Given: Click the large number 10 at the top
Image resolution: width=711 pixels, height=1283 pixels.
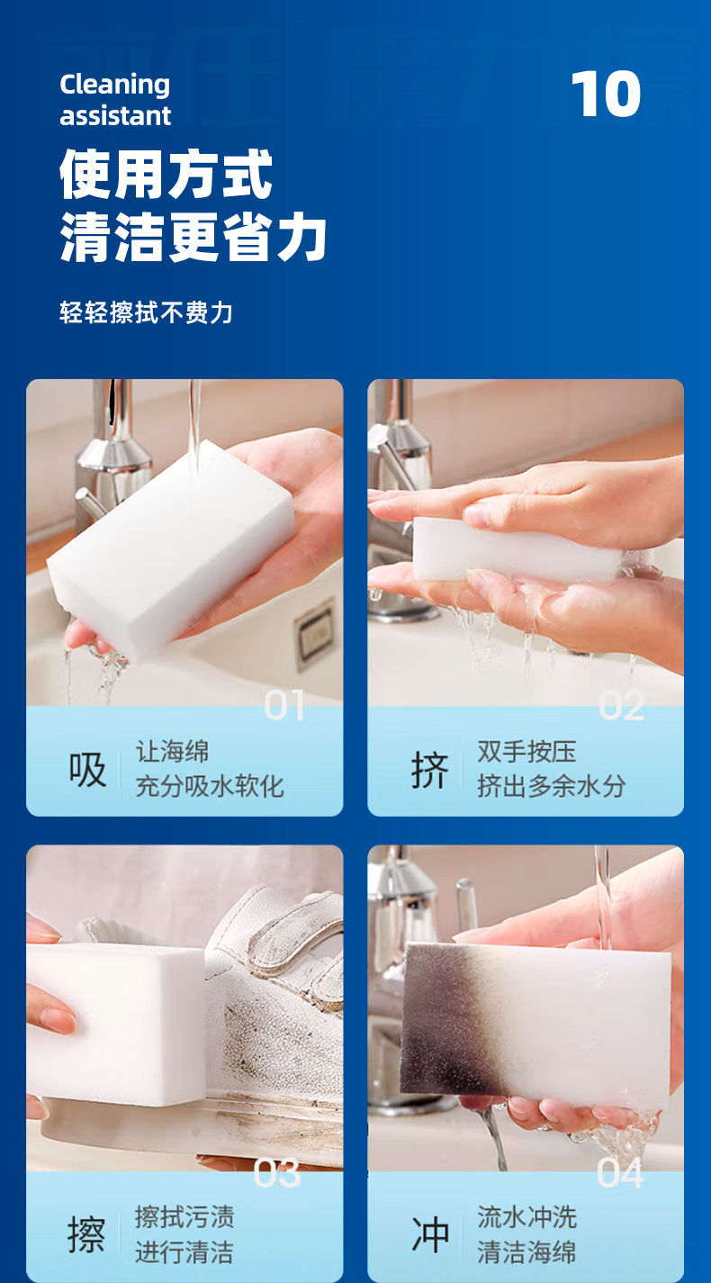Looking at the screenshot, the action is pyautogui.click(x=606, y=94).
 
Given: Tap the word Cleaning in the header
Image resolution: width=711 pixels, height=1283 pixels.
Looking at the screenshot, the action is pyautogui.click(x=114, y=86).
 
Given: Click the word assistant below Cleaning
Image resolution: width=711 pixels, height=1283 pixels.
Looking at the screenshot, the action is pyautogui.click(x=115, y=116).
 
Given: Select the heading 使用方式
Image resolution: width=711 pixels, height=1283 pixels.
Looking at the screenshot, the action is pyautogui.click(x=166, y=174).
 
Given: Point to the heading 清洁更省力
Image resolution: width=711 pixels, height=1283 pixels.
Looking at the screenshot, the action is pyautogui.click(x=193, y=237).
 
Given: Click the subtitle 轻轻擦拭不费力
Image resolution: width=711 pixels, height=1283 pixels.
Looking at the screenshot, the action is pyautogui.click(x=146, y=312).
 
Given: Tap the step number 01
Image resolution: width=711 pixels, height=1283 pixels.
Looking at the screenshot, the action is pyautogui.click(x=283, y=705).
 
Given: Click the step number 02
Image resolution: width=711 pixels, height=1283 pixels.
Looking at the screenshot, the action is pyautogui.click(x=622, y=705).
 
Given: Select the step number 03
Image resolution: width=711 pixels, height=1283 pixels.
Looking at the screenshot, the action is pyautogui.click(x=277, y=1173).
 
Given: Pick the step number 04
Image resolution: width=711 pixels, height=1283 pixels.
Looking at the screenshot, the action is pyautogui.click(x=621, y=1172).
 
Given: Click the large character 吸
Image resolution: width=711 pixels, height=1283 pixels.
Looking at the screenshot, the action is pyautogui.click(x=87, y=769).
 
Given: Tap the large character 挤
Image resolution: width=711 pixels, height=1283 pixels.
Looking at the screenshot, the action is pyautogui.click(x=429, y=770).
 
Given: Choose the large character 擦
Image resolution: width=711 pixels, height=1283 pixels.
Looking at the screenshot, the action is pyautogui.click(x=86, y=1235).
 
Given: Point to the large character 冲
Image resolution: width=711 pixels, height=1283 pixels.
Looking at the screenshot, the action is pyautogui.click(x=430, y=1235).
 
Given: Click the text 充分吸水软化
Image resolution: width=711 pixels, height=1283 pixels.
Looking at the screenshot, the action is pyautogui.click(x=210, y=786).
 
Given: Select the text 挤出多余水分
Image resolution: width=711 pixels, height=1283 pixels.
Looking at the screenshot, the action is pyautogui.click(x=552, y=786).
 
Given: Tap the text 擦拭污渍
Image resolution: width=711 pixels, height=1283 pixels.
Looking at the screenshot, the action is pyautogui.click(x=184, y=1217).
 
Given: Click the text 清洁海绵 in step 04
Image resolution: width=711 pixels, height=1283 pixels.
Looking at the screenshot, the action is pyautogui.click(x=527, y=1251).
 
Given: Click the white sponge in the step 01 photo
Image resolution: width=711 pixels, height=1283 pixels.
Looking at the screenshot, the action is pyautogui.click(x=171, y=550).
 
